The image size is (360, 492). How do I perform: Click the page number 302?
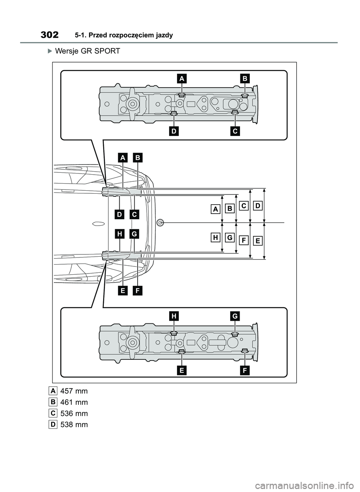click(x=49, y=35)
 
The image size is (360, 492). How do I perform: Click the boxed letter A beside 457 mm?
click(x=53, y=391)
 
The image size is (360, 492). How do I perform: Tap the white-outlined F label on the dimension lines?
click(x=243, y=240)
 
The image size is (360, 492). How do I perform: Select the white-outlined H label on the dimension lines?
click(x=216, y=237)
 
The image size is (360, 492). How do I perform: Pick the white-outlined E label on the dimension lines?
click(x=258, y=241)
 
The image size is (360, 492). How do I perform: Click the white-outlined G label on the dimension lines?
click(x=229, y=237)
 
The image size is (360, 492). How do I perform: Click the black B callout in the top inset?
click(x=244, y=79)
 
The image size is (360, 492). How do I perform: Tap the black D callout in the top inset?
click(x=174, y=132)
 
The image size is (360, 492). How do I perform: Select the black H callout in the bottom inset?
click(x=174, y=316)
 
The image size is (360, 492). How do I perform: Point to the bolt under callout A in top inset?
click(x=181, y=96)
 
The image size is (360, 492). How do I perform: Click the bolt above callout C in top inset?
click(x=235, y=112)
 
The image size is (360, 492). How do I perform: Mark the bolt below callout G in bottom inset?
click(x=235, y=333)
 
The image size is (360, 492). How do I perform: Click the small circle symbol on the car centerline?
click(x=160, y=223)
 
